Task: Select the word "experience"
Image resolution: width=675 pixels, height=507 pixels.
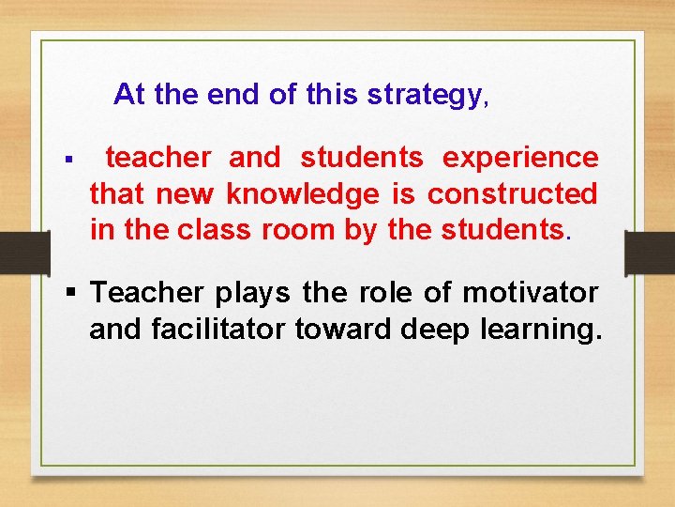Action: pyautogui.click(x=519, y=159)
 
